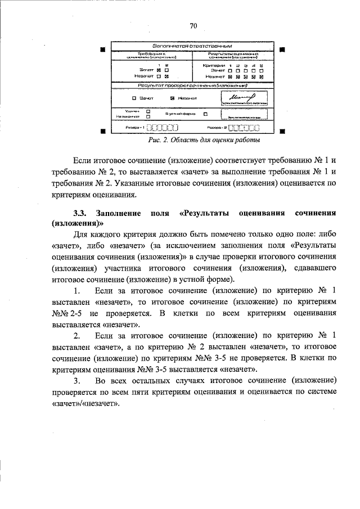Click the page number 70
pos(193,26)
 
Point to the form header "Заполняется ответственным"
pos(192,46)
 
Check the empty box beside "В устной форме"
pos(206,114)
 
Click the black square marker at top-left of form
pos(102,49)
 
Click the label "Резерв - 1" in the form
pos(133,127)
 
